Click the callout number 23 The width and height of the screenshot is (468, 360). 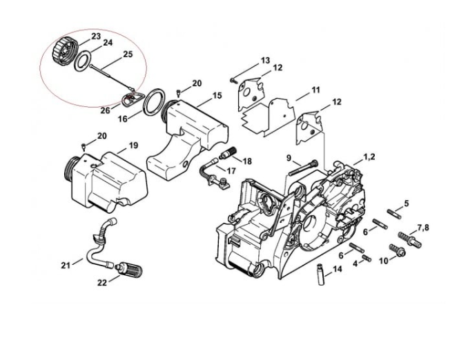click(x=95, y=36)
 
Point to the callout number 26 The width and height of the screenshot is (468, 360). click(x=105, y=110)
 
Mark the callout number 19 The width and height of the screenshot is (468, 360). click(x=133, y=146)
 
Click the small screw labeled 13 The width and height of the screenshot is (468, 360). click(x=235, y=80)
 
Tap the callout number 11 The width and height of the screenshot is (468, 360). click(x=315, y=90)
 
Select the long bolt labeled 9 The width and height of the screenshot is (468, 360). click(x=302, y=166)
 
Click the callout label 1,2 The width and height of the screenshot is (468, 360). click(x=369, y=158)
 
